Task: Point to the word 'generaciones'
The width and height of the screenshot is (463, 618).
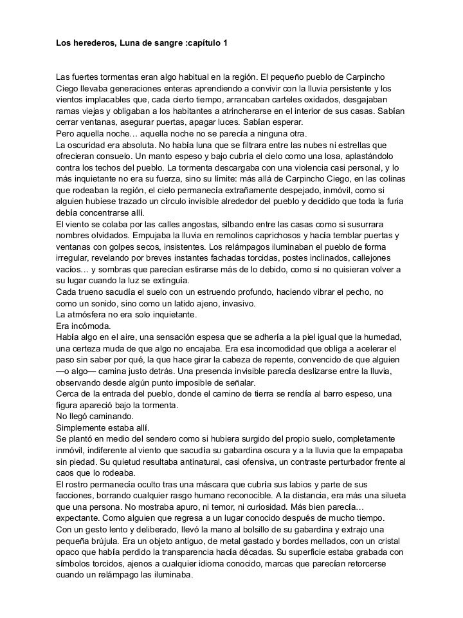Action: pos(151,88)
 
